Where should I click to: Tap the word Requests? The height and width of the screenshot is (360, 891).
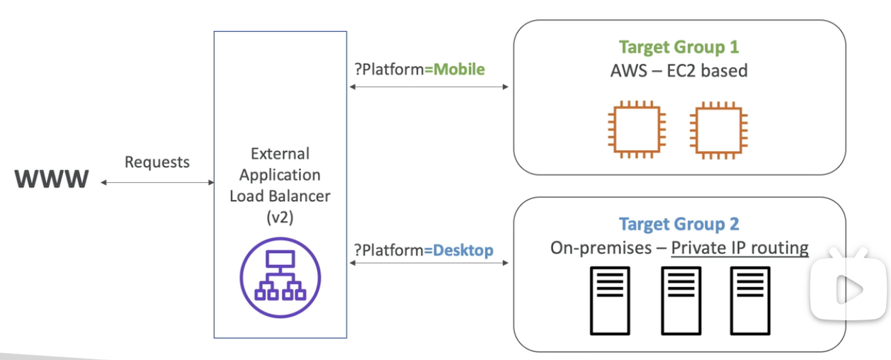[157, 162]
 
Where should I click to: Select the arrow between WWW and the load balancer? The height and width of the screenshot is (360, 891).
[157, 183]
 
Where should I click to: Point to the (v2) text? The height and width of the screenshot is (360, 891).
[280, 218]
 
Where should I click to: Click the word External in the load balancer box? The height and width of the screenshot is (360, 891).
[280, 154]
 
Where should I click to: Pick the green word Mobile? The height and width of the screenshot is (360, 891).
[459, 69]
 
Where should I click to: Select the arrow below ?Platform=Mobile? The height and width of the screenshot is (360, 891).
[429, 86]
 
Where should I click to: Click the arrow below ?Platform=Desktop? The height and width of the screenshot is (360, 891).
[429, 263]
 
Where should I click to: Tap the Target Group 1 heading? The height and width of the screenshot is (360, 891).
[679, 47]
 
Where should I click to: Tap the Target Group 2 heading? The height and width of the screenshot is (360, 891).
[679, 224]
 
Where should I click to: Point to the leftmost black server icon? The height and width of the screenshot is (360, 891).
[609, 300]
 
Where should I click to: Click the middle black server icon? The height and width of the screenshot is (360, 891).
[681, 300]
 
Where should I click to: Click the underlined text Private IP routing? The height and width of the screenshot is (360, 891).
[739, 248]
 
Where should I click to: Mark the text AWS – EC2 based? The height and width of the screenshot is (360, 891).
[679, 71]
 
